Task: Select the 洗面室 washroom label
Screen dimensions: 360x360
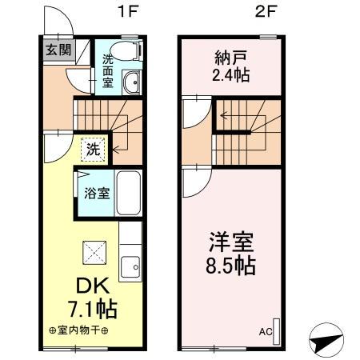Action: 108,70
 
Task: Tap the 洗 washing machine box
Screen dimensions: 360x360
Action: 93,148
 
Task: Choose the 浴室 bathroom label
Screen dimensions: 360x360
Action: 92,192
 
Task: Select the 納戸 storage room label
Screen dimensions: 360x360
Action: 229,58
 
